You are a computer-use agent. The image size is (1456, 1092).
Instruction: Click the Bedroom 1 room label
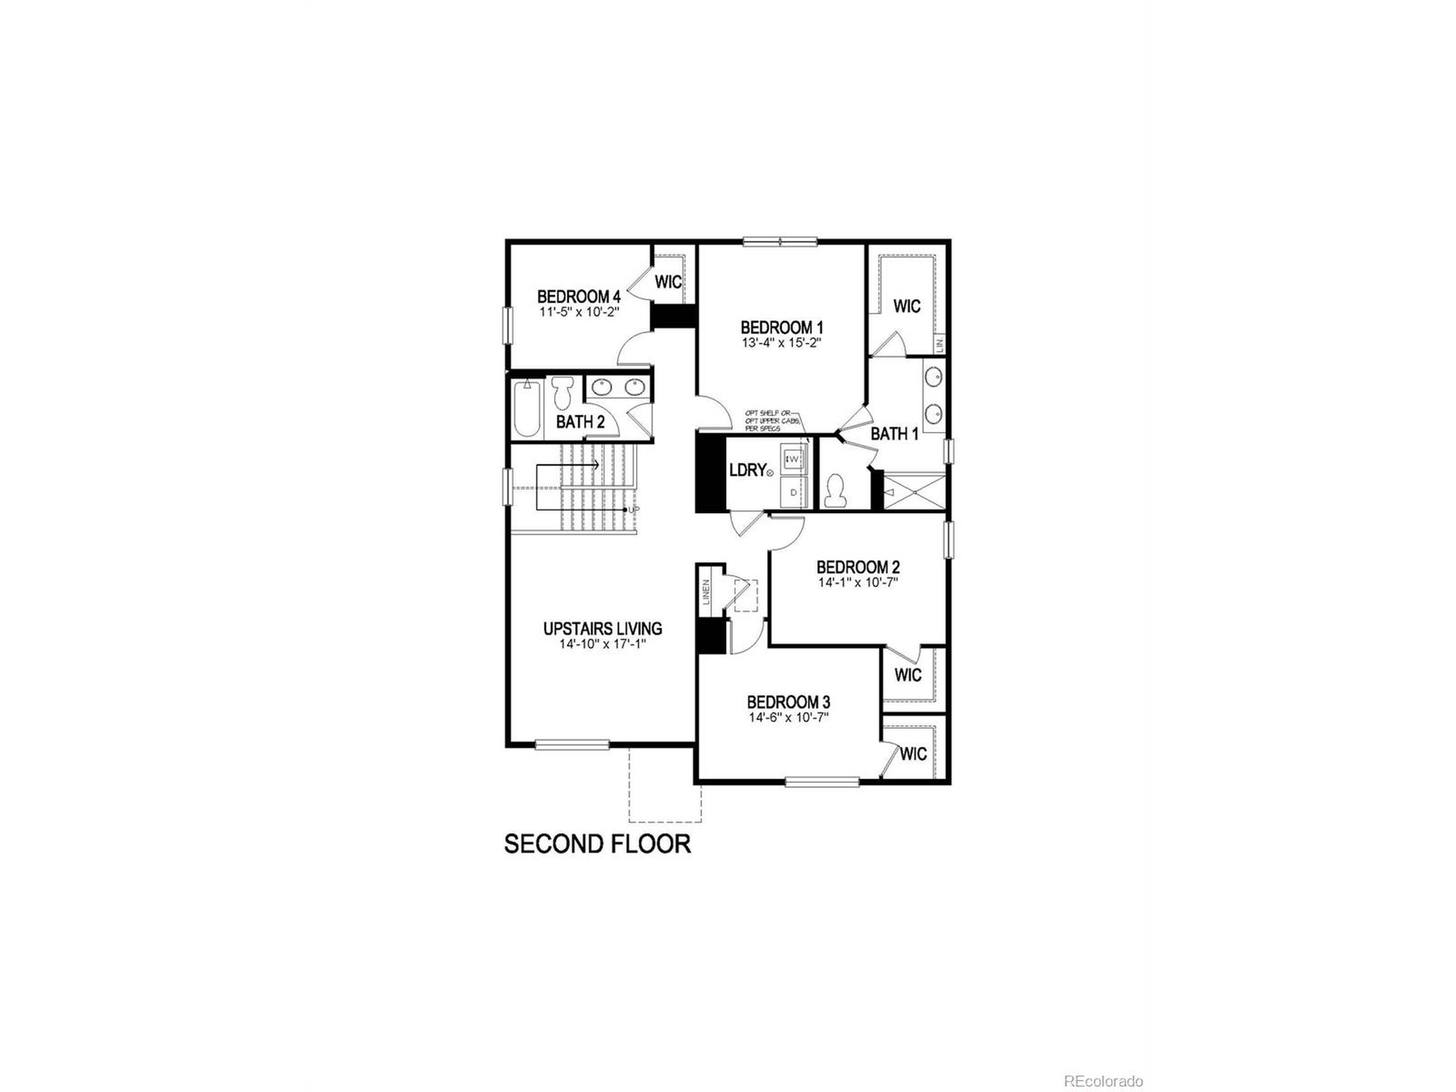781,327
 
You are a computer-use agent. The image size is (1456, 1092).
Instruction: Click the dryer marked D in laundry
794,492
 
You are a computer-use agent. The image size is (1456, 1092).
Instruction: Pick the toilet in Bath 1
836,491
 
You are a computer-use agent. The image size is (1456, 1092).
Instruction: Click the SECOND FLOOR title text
597,844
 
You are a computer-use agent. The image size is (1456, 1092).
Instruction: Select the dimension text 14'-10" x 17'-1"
602,645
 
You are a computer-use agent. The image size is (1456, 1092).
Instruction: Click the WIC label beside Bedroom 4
668,282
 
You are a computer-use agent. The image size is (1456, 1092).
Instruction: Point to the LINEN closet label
706,593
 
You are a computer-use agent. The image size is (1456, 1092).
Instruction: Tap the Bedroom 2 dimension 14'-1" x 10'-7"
858,582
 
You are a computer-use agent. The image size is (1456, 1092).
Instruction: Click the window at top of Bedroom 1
780,242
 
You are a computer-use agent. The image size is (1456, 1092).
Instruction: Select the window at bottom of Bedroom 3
822,782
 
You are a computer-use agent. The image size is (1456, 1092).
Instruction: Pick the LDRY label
748,470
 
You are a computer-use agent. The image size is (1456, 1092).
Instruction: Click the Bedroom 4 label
578,296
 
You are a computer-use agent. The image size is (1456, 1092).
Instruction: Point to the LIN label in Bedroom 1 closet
940,343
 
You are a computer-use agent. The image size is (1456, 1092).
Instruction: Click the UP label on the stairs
632,510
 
